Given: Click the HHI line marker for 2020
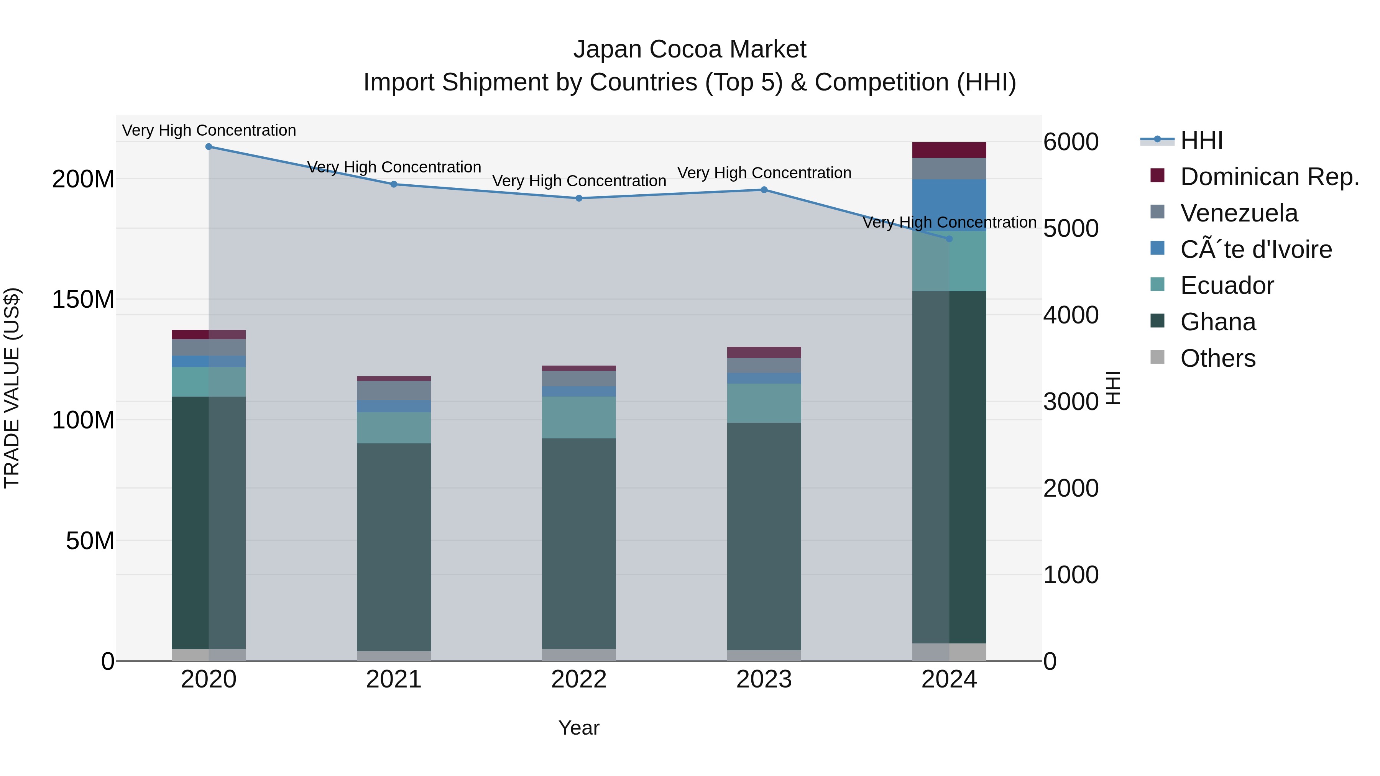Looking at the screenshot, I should click(x=209, y=147).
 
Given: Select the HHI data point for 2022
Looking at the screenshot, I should click(x=579, y=198).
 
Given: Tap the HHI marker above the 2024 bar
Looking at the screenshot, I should click(x=949, y=239).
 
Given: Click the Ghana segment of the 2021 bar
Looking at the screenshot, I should click(x=394, y=546).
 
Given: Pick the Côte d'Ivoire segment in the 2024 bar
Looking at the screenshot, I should click(x=949, y=205).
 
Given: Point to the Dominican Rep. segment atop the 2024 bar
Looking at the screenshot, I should click(x=949, y=150).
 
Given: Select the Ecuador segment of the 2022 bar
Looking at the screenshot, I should click(x=579, y=417).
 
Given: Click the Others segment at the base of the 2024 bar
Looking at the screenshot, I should click(x=949, y=652).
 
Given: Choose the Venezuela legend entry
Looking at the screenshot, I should click(x=1239, y=213).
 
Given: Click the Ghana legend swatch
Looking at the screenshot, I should click(x=1158, y=322).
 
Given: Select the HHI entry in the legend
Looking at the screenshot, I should click(x=1201, y=140).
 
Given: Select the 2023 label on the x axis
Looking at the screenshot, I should click(x=764, y=679).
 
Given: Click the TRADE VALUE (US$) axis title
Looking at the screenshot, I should click(x=12, y=388).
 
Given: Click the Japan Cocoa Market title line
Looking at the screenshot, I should click(x=690, y=49).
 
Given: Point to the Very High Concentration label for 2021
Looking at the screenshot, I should click(x=394, y=167).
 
